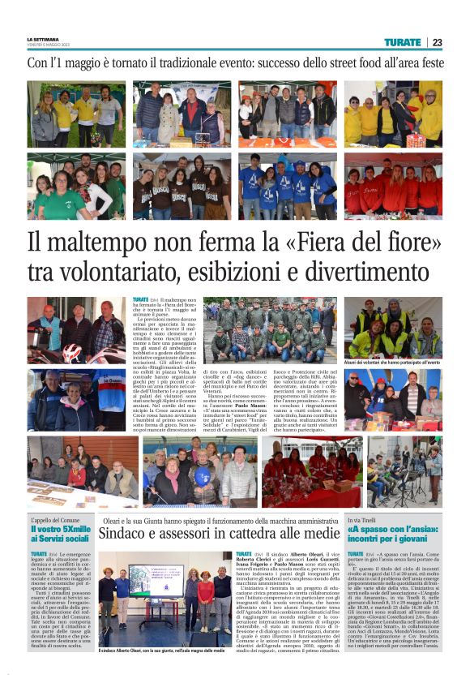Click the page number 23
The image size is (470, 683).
pos(437,42)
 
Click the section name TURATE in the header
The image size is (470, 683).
pos(403,42)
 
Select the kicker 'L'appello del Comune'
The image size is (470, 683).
pos(55,519)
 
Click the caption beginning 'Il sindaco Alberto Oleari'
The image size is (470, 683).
pos(162,651)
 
